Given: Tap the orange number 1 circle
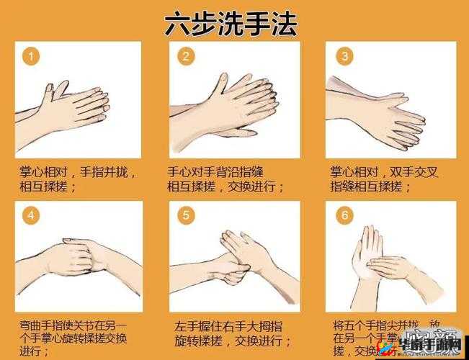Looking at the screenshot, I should [29, 57].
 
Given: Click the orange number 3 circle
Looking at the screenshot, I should [344, 57].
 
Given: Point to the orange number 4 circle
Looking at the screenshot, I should [29, 215].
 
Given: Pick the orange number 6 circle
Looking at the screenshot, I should [344, 215].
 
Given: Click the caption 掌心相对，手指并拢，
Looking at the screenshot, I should [77, 173].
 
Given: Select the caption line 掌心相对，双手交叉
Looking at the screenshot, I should [383, 173].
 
